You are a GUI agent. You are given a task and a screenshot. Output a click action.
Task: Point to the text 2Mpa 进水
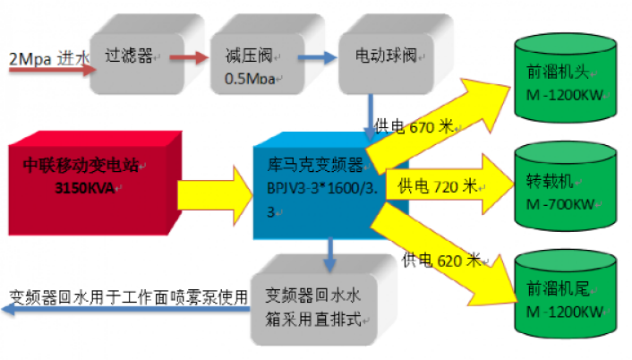point(48,59)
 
